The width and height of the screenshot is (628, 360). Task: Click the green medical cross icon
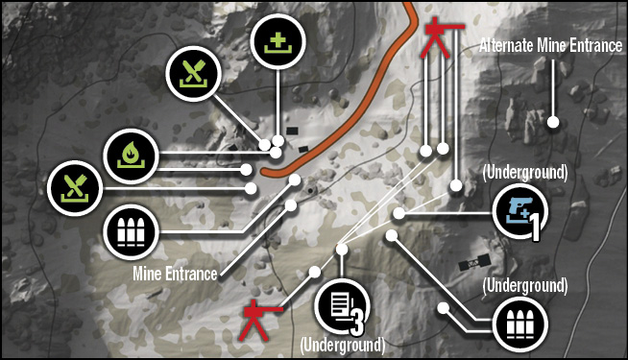coord(278,41)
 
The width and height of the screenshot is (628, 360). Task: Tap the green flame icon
coord(131,156)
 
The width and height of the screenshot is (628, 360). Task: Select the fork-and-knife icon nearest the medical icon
coord(193,74)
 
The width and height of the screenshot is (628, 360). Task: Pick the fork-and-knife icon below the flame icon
coord(75,188)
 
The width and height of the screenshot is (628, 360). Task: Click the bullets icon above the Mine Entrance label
coord(131,232)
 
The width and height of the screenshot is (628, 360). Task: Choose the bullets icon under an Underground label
coord(520,324)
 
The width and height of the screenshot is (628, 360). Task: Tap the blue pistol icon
coord(519,211)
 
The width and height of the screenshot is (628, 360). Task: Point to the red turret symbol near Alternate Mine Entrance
coord(440,38)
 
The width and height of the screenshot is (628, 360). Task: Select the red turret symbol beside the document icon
coord(258,320)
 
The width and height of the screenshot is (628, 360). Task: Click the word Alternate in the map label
coord(506,45)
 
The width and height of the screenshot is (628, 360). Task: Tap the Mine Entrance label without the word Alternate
coord(175,274)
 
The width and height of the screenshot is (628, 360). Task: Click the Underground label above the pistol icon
coord(525,172)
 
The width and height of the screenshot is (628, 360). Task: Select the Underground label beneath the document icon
coord(343,346)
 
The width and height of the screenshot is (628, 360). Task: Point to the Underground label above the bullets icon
coord(525,285)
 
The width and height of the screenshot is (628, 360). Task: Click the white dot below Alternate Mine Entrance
coord(553,122)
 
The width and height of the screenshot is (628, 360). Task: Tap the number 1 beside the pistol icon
coord(535,228)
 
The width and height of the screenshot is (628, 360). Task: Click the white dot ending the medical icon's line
coord(278,140)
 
